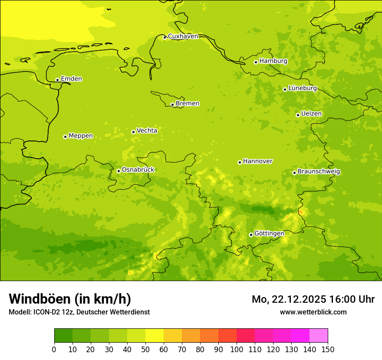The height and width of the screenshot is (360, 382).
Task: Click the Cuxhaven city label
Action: click(183, 36)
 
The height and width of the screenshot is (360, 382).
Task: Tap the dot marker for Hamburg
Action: click(256, 62)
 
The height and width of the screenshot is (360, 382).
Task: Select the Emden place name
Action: click(71, 79)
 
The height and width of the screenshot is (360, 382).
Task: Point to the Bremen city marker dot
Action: click(172, 105)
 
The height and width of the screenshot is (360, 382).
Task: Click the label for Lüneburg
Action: click(303, 88)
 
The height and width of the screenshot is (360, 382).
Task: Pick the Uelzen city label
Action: click(311, 114)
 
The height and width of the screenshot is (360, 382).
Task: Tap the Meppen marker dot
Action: click(65, 137)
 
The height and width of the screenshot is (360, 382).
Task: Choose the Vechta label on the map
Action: click(147, 131)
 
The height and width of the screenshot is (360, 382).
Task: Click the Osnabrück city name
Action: click(138, 170)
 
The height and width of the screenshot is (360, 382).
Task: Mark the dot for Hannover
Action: click(240, 162)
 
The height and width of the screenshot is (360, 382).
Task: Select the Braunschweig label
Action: click(319, 171)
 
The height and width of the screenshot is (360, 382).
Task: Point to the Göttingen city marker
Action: click(251, 235)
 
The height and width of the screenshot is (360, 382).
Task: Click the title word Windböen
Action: click(40, 299)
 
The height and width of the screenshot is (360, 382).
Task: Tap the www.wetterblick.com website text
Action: click(313, 312)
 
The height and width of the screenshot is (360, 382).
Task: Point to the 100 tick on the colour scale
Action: click(237, 349)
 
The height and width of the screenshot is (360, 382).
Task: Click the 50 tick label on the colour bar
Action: click(145, 349)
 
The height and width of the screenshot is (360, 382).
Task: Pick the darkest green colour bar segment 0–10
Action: click(63, 335)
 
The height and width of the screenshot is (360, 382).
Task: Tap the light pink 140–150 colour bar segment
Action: click(319, 335)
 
